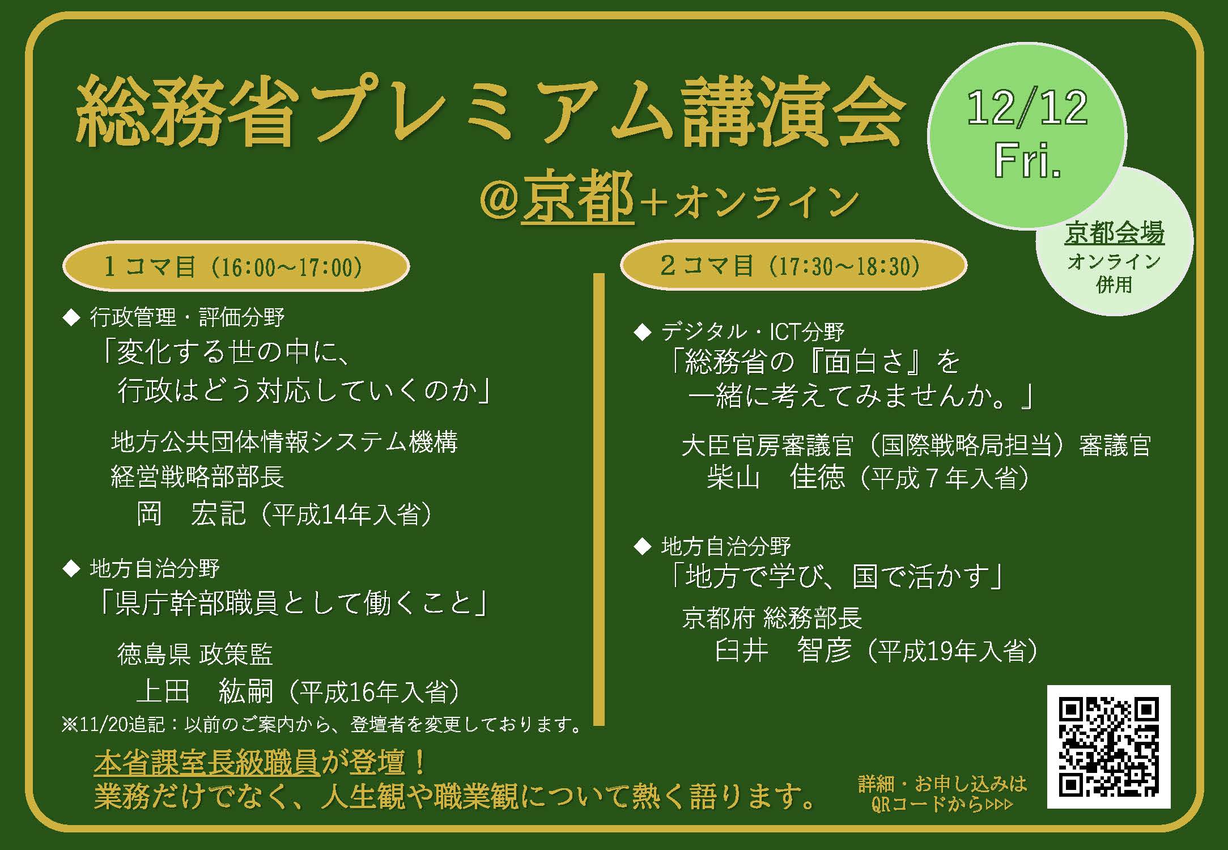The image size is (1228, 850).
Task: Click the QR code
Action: [1108, 746]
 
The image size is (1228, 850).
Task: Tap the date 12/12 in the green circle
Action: [1027, 108]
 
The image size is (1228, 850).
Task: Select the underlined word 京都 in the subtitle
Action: [577, 198]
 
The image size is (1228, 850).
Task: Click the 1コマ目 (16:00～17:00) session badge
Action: [236, 266]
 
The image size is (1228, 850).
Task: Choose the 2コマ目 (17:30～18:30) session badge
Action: [793, 265]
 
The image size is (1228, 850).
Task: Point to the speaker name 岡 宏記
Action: [191, 514]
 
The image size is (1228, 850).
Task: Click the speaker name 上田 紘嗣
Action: [205, 691]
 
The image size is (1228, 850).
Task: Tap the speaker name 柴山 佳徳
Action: [776, 477]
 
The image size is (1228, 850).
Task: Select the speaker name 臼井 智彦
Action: [783, 651]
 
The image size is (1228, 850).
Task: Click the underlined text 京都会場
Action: [1114, 233]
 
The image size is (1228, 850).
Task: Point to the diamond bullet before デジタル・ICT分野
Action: [643, 333]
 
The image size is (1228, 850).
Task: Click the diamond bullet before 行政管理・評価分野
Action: [72, 318]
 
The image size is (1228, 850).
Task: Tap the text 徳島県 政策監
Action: [195, 654]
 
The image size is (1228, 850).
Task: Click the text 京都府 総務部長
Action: [772, 618]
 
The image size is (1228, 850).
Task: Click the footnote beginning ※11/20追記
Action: [322, 725]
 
